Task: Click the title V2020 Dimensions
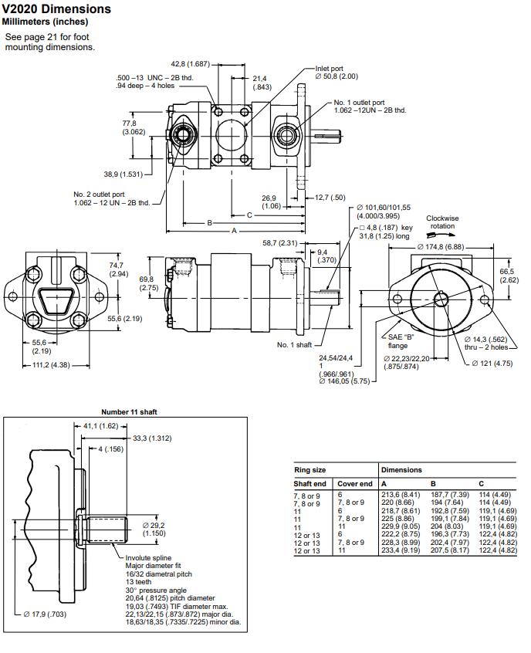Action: (x=56, y=9)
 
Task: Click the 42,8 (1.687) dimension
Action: (x=190, y=63)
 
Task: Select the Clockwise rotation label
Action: (x=442, y=222)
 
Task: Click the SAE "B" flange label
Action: (x=398, y=341)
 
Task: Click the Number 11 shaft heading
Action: (x=129, y=412)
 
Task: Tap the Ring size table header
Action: (x=309, y=469)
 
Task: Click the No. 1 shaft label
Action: (x=294, y=345)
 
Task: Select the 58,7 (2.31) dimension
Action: (x=280, y=243)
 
